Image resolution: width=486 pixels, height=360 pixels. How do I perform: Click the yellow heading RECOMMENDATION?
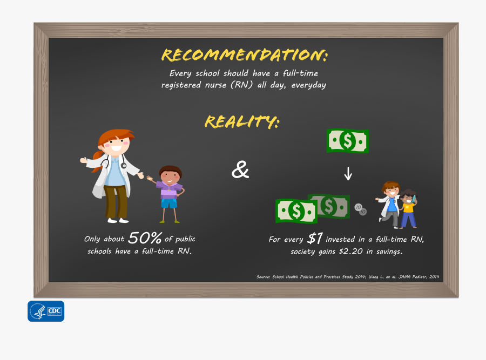point(244,55)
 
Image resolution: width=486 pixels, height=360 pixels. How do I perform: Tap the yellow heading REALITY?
point(242,122)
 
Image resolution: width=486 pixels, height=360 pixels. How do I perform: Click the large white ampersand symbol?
point(240,170)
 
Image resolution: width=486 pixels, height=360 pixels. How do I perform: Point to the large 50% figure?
point(145,238)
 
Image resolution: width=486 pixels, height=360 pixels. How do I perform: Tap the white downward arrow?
point(348,173)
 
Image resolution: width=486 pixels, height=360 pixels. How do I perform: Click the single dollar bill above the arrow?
point(348,141)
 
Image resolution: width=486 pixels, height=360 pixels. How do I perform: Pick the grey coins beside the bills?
point(360,209)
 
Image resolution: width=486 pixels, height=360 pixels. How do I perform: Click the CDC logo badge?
point(46,311)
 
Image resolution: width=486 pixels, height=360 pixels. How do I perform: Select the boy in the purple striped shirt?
point(170,192)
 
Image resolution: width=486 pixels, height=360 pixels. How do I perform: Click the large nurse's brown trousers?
point(116,201)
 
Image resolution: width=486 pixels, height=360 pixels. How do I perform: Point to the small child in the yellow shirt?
point(408,208)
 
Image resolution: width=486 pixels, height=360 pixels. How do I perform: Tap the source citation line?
point(348,277)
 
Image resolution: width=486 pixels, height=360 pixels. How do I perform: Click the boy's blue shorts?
point(169,203)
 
